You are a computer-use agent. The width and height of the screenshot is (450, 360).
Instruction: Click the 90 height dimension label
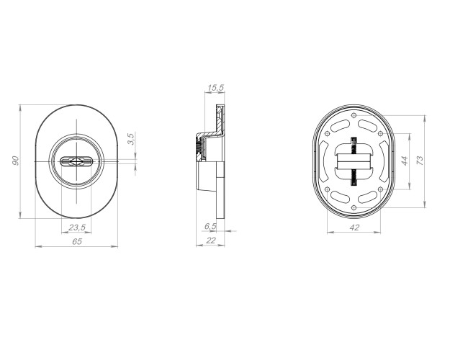point(16,161)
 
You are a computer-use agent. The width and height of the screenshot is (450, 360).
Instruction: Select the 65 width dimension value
point(77,242)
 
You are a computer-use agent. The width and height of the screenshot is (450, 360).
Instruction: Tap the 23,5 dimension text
point(77,228)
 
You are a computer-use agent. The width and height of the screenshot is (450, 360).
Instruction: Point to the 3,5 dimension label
point(130,139)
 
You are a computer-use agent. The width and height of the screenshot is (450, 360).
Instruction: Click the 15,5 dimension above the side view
point(215,88)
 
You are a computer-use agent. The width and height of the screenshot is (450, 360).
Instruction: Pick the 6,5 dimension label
point(210,227)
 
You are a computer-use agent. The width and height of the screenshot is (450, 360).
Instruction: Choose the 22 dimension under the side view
point(211,240)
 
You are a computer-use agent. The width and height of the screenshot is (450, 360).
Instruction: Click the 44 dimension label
point(405,161)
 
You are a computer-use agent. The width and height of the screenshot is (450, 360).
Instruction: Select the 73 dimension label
point(420,160)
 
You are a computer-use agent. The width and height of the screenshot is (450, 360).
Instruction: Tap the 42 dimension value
point(354,228)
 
